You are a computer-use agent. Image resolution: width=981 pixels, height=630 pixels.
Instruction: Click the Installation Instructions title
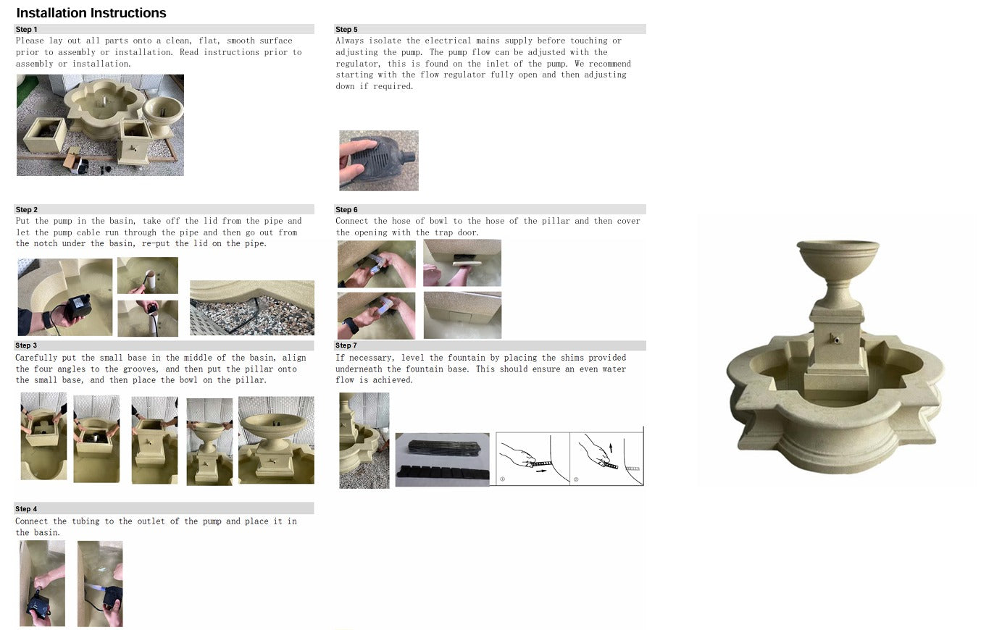[91, 13]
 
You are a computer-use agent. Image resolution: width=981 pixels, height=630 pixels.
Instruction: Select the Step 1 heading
[26, 30]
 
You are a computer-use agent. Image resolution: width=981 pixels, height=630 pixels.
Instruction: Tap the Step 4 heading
[26, 509]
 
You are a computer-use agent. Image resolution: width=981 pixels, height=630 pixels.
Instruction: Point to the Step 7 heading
[346, 345]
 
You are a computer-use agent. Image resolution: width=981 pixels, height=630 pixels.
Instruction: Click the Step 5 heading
[346, 30]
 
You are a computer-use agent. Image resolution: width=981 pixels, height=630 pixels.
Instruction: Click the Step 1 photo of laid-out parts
[100, 125]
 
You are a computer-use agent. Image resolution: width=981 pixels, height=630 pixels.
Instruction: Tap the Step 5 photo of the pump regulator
[379, 161]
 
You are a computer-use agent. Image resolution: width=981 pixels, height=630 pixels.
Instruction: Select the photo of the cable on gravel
[252, 308]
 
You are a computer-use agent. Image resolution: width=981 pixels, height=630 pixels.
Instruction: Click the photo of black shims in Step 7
[443, 460]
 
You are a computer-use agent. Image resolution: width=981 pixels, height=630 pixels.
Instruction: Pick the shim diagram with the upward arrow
[606, 459]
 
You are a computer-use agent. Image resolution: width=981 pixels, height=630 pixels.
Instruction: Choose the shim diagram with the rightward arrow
[533, 459]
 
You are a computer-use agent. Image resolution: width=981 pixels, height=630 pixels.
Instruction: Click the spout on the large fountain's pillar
[835, 339]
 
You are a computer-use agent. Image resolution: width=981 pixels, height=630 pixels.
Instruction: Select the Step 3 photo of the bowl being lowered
[209, 442]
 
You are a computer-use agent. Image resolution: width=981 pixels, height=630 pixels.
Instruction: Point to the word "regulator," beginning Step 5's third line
[358, 64]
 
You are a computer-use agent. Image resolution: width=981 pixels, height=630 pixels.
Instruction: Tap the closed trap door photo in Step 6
[462, 315]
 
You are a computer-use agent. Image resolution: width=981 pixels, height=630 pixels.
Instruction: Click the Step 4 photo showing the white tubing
[100, 584]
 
